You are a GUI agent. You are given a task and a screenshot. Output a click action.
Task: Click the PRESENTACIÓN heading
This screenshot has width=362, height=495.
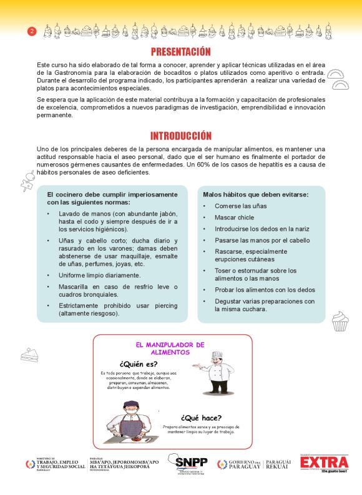[x=180, y=52]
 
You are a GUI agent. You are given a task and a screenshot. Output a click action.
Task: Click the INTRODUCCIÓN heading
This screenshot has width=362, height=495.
[x=180, y=136]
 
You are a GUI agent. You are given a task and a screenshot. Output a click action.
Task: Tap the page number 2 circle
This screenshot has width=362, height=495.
[x=31, y=32]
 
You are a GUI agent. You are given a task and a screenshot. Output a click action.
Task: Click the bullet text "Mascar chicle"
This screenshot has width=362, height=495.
[x=235, y=218]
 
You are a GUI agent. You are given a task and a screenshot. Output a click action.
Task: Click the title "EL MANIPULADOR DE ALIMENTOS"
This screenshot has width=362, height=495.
[x=170, y=348]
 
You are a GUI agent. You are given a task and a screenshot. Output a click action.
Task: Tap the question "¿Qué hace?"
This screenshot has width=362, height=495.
[x=201, y=418]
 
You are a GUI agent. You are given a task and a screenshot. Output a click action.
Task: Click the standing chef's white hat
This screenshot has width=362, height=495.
[x=217, y=355]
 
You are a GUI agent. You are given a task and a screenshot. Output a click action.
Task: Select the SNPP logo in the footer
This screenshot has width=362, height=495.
[x=191, y=462]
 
